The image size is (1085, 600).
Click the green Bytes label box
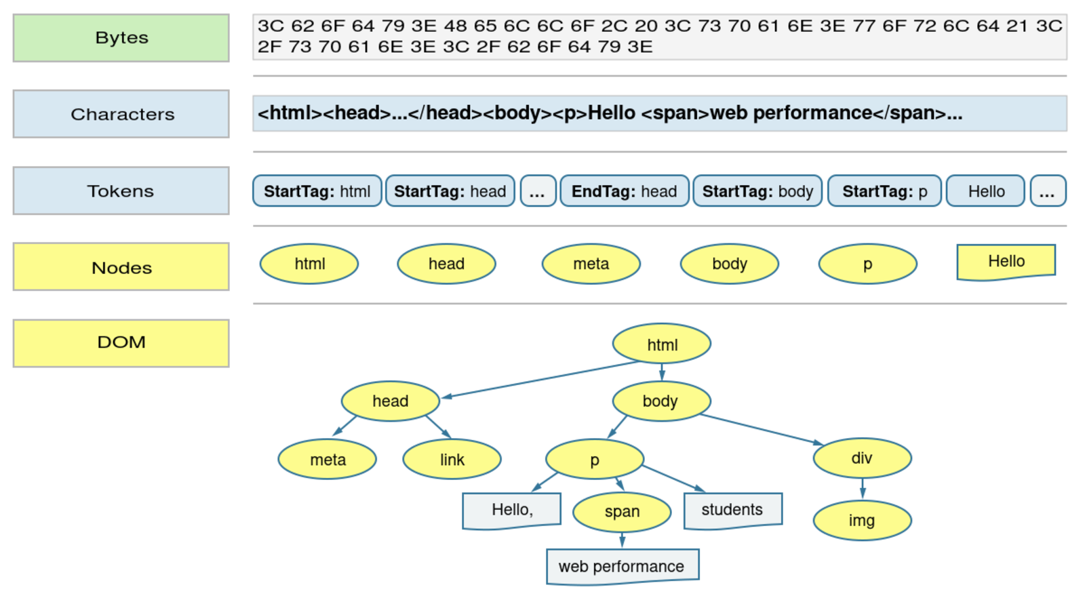[121, 38]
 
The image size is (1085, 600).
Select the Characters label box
[121, 114]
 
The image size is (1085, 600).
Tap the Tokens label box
[121, 191]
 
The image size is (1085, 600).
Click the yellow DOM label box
[121, 342]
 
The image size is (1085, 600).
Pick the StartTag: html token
[317, 191]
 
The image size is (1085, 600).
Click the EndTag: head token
[624, 191]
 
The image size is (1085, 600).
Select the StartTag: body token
[757, 191]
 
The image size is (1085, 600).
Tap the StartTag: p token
[884, 191]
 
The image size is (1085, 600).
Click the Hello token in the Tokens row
[986, 191]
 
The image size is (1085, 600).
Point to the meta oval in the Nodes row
[591, 264]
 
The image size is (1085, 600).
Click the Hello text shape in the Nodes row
[1006, 262]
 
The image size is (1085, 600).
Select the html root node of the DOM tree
[662, 344]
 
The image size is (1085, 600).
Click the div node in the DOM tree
[861, 458]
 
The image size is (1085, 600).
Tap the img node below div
[861, 521]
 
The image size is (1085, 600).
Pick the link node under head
[452, 460]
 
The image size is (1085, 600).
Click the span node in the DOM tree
[622, 512]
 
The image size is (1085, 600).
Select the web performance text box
[622, 566]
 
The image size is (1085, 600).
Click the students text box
[732, 510]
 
